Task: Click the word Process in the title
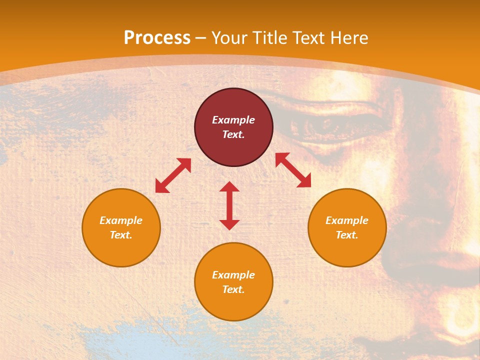pyautogui.click(x=157, y=38)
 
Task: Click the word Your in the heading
pyautogui.click(x=229, y=38)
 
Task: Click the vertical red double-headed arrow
pyautogui.click(x=229, y=205)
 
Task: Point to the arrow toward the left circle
pyautogui.click(x=173, y=175)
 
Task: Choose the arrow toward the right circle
pyautogui.click(x=293, y=170)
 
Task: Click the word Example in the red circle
pyautogui.click(x=233, y=120)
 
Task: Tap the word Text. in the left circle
pyautogui.click(x=121, y=235)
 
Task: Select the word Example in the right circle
pyautogui.click(x=347, y=220)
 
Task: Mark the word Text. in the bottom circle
pyautogui.click(x=233, y=289)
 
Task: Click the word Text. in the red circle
pyautogui.click(x=233, y=134)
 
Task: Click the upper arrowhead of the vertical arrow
pyautogui.click(x=229, y=186)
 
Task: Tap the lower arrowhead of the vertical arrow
pyautogui.click(x=229, y=224)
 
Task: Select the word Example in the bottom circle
pyautogui.click(x=233, y=275)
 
